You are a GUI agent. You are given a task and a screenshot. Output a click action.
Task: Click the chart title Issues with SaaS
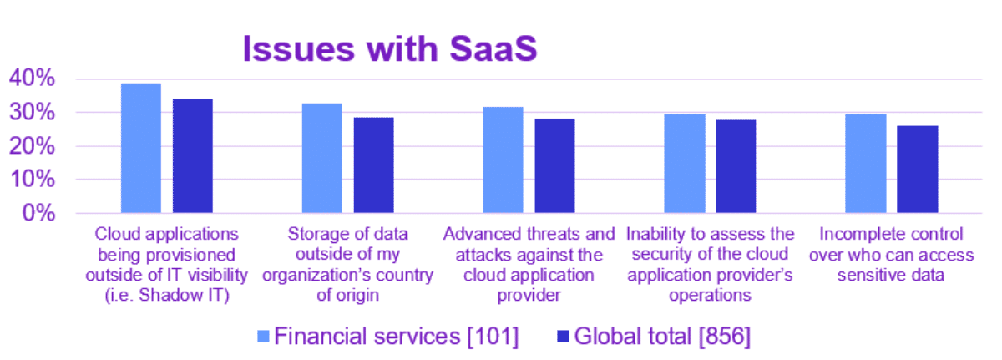coord(390,48)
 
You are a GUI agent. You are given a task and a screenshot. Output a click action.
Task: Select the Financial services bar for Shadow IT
coord(141,149)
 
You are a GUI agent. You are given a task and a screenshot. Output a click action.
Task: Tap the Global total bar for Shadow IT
coord(193,156)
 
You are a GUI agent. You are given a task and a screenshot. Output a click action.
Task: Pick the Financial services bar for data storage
coord(321,159)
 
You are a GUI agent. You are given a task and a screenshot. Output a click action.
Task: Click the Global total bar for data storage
coord(373,165)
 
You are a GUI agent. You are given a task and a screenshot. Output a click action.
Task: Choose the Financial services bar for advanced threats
coord(503,160)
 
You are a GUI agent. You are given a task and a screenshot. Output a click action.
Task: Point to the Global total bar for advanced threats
coord(554,166)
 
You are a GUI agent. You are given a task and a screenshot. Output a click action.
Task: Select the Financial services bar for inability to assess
coord(684,164)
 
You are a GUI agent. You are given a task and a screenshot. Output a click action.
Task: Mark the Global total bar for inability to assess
coord(736,167)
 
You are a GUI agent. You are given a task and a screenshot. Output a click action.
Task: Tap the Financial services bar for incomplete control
coord(865,164)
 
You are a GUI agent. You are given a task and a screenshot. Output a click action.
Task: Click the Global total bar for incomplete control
coord(917,170)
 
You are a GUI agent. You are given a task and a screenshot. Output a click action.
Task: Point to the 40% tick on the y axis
coord(32,79)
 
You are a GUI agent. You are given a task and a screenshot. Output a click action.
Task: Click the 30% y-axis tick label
coord(32,113)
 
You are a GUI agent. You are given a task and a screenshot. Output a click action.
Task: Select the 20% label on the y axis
coord(32,146)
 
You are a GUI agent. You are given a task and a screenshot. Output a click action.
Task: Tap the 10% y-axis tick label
coord(32,180)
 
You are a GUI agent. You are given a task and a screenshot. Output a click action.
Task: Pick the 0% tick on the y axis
coord(38,213)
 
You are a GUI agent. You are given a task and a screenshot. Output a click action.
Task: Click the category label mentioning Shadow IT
coord(167,264)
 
